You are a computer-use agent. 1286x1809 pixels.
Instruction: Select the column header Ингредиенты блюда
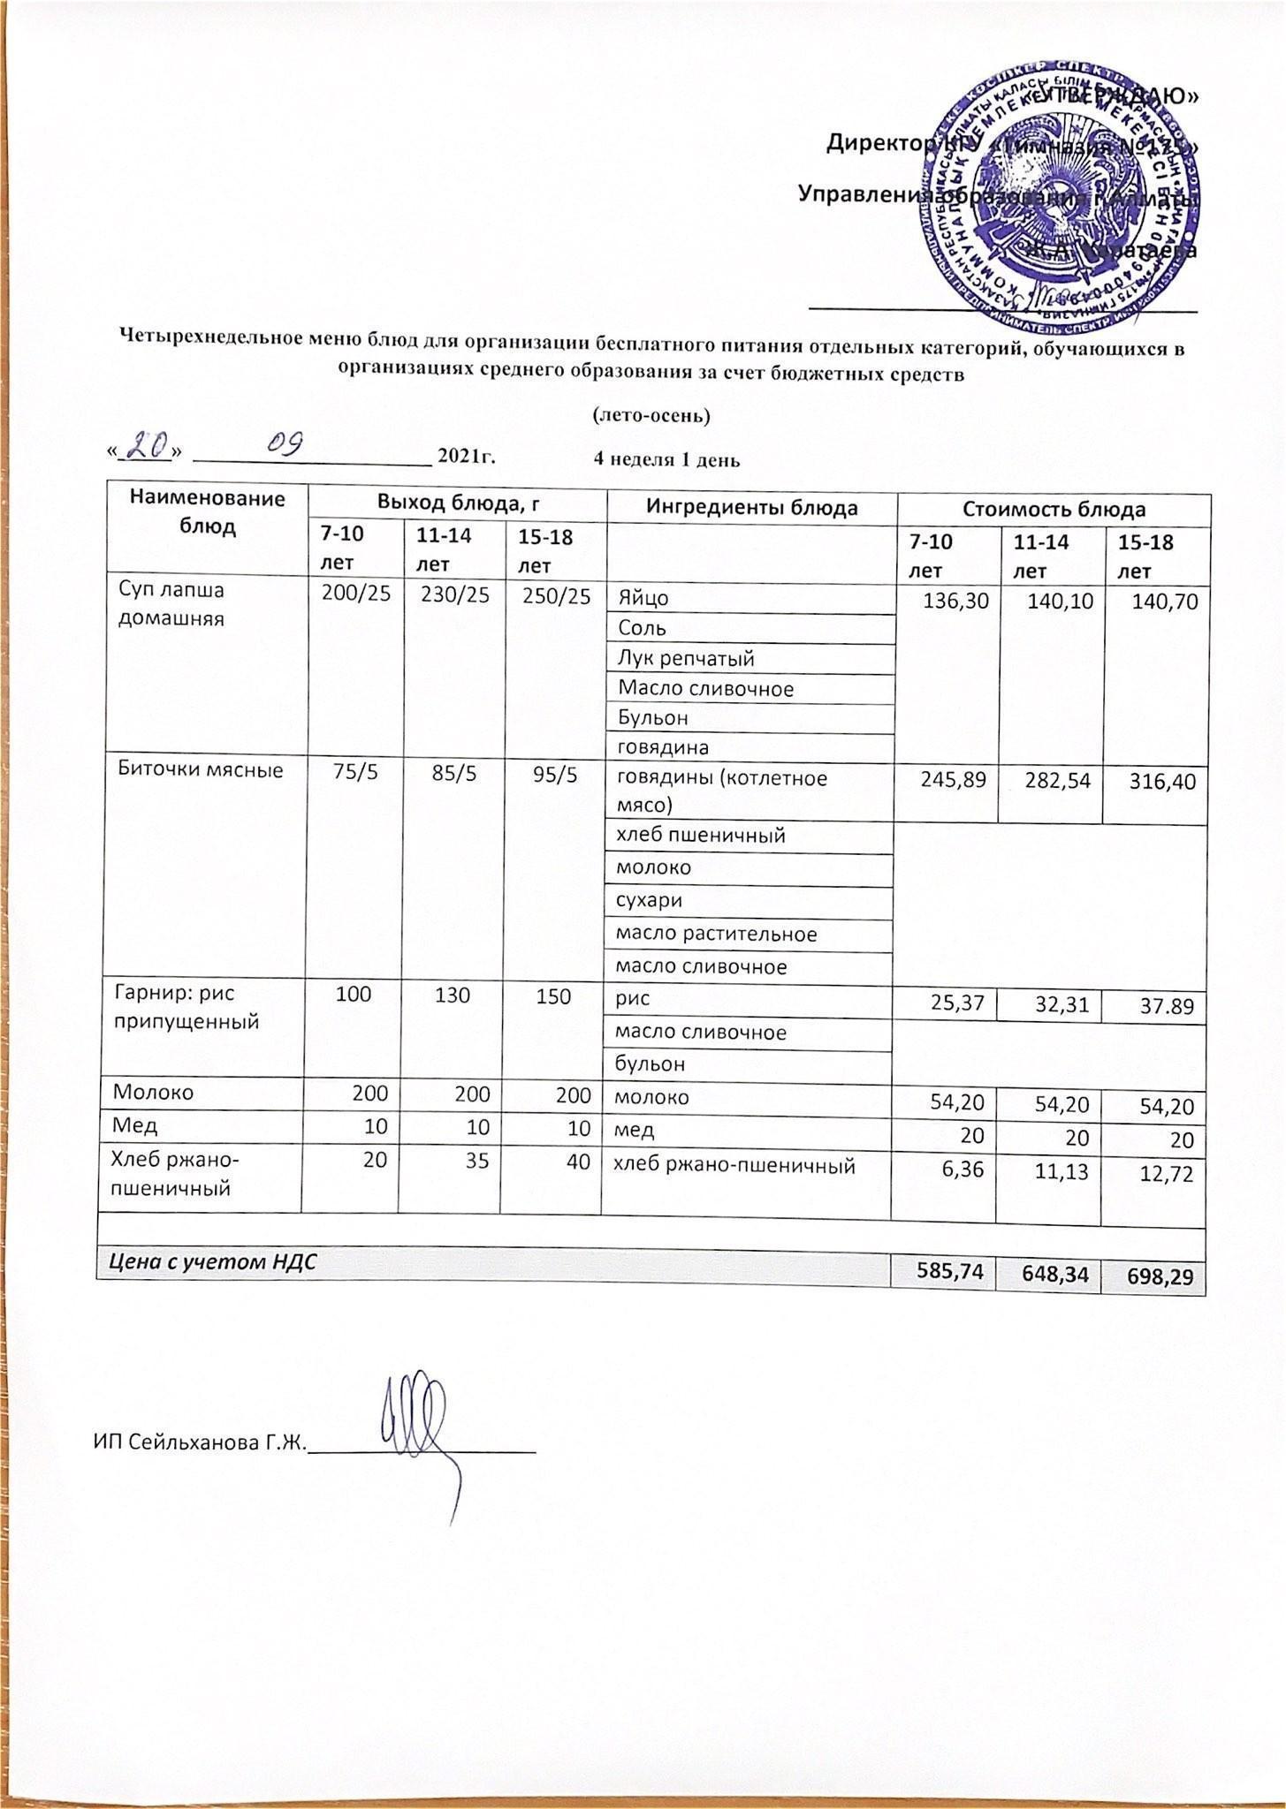pos(751,508)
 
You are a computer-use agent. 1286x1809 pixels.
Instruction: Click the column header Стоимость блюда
pos(1052,509)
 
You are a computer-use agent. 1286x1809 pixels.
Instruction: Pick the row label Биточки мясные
pos(201,770)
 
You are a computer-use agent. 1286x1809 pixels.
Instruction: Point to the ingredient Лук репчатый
pos(687,658)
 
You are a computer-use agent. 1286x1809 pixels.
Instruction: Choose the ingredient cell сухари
pos(650,900)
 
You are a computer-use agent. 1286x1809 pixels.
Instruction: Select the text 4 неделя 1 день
pos(666,459)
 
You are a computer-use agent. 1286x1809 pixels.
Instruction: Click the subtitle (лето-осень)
pos(651,413)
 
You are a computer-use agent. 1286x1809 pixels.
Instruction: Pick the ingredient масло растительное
pos(716,934)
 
